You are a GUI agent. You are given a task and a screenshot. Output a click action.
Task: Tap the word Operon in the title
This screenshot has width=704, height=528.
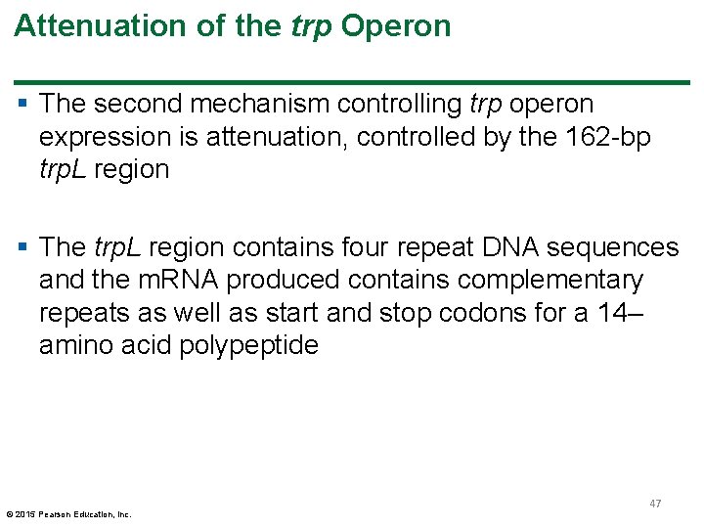pos(396,26)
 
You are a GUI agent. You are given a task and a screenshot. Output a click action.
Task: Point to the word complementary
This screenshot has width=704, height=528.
pos(534,281)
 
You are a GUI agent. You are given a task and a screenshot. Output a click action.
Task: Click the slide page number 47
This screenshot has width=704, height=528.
pos(655,503)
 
